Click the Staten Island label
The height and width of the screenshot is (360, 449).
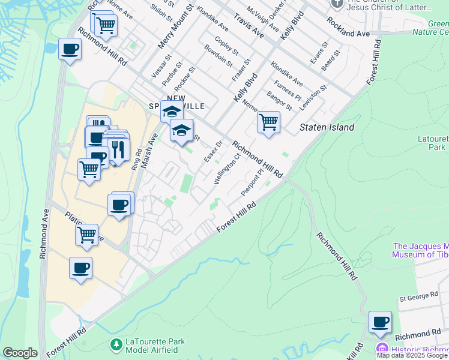coord(327,127)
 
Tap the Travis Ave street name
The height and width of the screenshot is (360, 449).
coord(249,24)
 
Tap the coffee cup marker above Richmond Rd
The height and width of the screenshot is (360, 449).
coord(380,322)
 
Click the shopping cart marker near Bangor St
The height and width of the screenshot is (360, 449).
coord(268,122)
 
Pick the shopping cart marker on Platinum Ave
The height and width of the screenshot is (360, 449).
coord(87,235)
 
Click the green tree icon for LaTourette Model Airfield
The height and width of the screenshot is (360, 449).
coord(116,344)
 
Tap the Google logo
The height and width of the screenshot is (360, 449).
coord(20,353)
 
